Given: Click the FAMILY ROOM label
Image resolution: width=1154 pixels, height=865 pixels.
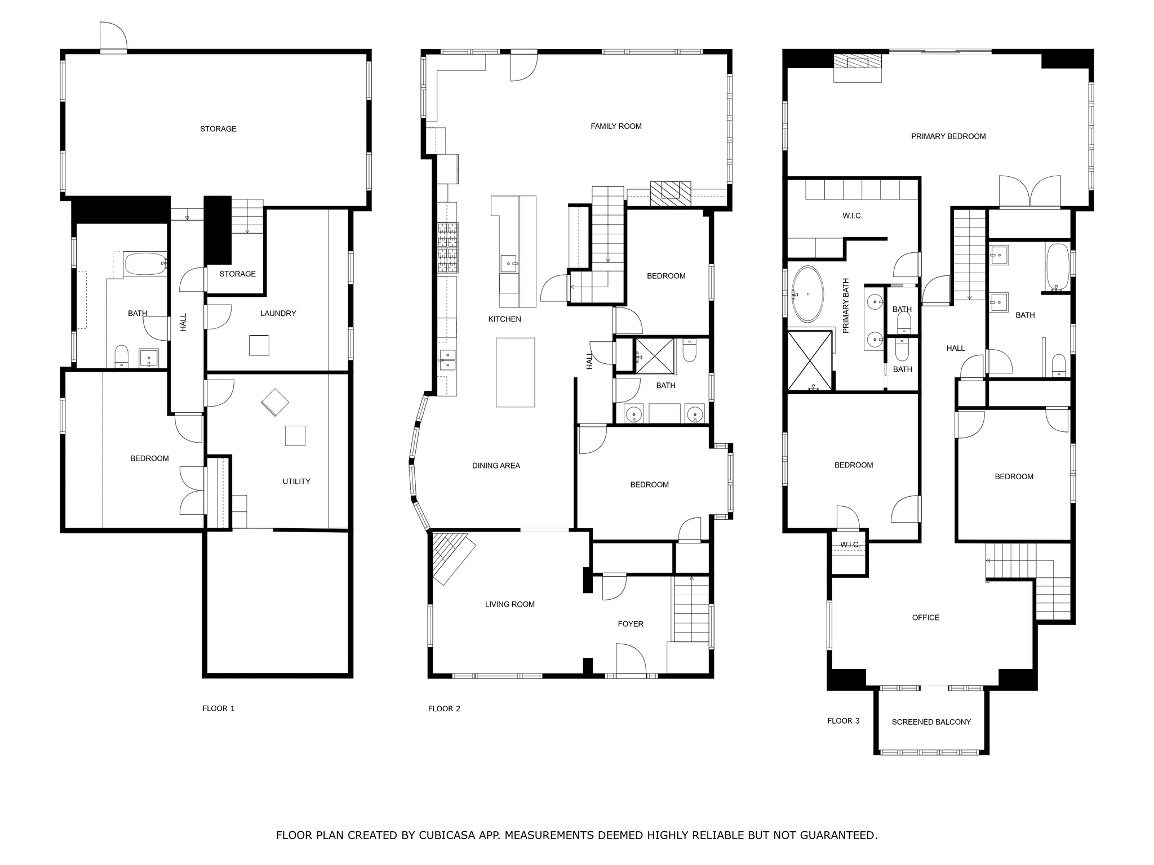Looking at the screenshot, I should click(x=616, y=126).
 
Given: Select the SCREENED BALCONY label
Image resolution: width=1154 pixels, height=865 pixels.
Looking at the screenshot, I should click(x=931, y=722).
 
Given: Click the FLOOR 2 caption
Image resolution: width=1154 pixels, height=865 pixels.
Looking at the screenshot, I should click(x=444, y=708).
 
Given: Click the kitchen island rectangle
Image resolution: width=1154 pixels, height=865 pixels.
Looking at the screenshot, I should click(x=515, y=372).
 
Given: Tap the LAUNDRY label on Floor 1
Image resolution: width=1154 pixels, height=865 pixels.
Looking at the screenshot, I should click(x=278, y=313).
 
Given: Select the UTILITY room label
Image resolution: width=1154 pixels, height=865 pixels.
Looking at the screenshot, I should click(x=296, y=481).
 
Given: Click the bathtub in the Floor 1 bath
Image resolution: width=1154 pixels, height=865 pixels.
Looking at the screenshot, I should click(x=145, y=264).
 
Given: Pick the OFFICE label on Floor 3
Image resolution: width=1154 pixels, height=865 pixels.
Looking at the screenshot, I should click(x=925, y=618).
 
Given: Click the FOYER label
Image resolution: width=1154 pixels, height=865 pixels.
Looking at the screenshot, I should click(x=630, y=624).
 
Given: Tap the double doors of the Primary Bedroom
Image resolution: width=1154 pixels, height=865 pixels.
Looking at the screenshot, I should click(x=1029, y=193).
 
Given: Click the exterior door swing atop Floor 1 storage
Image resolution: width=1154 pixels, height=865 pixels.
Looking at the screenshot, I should click(x=113, y=37).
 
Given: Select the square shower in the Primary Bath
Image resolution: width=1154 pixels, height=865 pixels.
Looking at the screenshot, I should click(x=810, y=361).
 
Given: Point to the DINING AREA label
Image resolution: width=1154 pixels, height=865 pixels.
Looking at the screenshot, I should click(x=496, y=466).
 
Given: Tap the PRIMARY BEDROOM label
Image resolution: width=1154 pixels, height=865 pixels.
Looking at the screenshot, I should click(x=948, y=136).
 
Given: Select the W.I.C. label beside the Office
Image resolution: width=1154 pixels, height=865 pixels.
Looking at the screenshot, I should click(x=849, y=545).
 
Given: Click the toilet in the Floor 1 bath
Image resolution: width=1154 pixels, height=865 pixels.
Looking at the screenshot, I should click(x=122, y=356).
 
